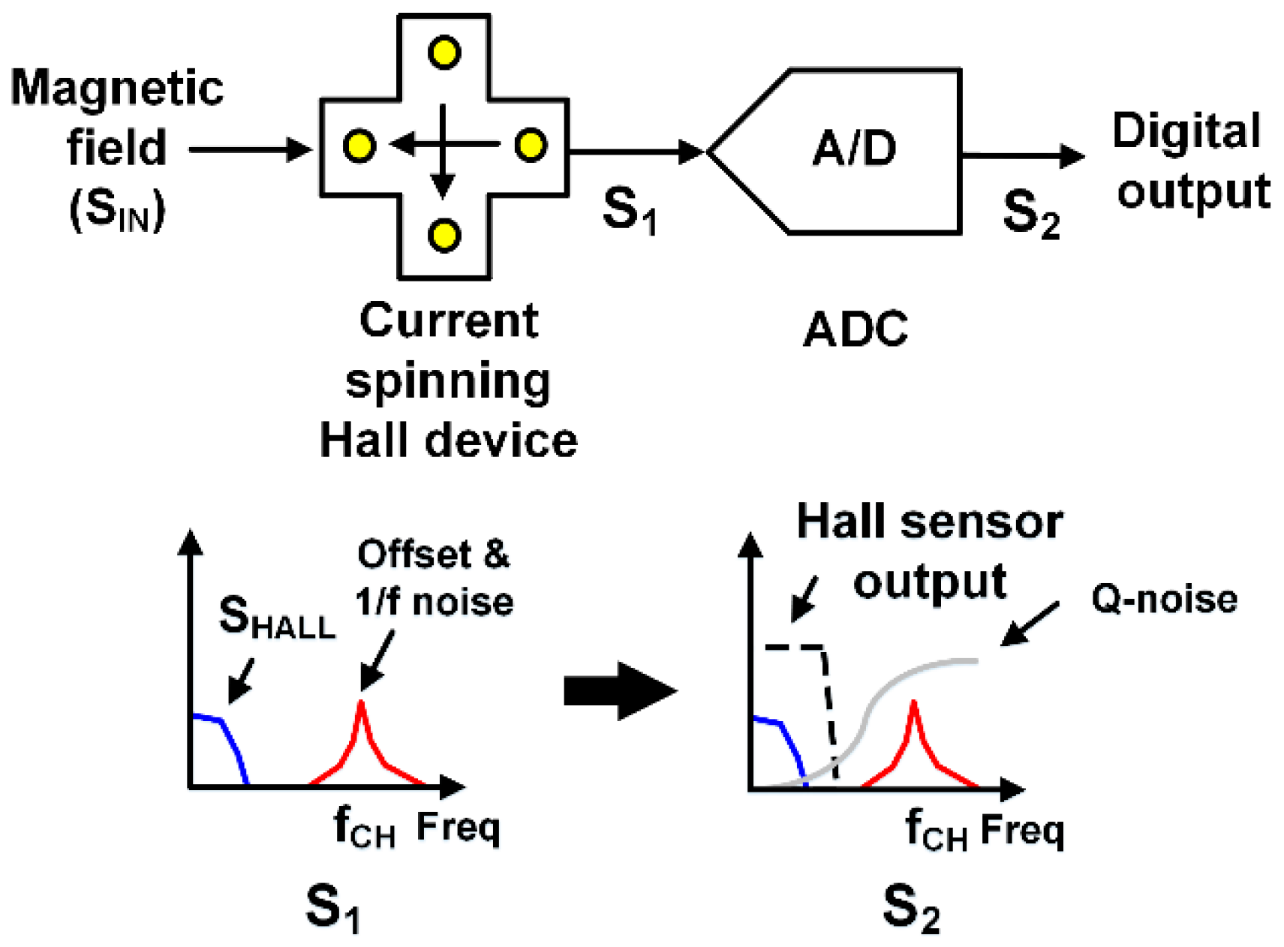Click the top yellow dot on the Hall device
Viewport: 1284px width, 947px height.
444,53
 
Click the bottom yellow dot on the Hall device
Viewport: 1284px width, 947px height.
444,235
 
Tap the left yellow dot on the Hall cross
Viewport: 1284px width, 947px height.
359,146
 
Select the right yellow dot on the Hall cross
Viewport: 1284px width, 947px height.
531,145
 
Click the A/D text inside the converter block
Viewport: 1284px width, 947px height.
854,148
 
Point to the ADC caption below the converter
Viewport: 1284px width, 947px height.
855,329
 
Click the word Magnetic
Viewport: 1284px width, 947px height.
117,88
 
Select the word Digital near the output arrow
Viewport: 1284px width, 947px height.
1186,131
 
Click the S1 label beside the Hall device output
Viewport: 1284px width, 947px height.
629,210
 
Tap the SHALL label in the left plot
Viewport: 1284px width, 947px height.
276,619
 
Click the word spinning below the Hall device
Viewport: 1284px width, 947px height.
448,381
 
